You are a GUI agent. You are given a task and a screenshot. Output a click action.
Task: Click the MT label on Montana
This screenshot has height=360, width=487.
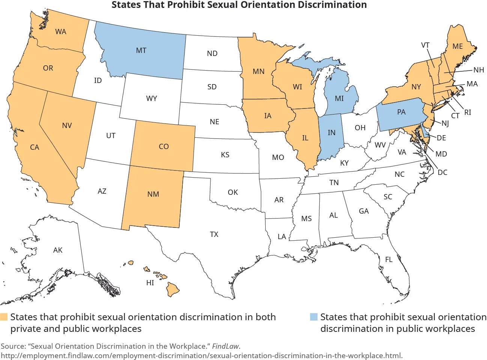(141, 50)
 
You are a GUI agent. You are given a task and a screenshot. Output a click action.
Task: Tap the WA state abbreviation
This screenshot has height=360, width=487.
(60, 32)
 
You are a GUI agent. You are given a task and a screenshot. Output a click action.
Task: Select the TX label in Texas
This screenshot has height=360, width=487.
(214, 234)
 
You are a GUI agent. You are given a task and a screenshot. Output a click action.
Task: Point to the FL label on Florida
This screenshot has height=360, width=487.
(389, 259)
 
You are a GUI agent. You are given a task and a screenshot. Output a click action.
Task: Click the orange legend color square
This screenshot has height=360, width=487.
(4, 317)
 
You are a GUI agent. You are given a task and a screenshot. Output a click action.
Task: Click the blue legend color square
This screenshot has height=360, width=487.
(314, 317)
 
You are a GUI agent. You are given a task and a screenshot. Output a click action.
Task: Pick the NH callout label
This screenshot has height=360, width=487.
(478, 70)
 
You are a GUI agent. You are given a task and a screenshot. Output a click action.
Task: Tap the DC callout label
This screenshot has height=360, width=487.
(442, 172)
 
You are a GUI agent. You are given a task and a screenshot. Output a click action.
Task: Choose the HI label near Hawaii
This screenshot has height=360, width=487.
(150, 283)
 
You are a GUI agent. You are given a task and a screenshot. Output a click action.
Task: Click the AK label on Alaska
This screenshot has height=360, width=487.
(58, 250)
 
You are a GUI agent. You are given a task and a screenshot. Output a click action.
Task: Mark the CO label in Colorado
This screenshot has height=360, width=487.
(164, 146)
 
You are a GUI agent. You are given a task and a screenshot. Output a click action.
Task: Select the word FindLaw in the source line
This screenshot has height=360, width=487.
(225, 346)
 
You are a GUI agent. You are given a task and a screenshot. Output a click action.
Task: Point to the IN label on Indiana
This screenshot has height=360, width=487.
(331, 133)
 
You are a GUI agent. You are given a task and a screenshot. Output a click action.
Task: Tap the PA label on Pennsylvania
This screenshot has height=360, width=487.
(401, 112)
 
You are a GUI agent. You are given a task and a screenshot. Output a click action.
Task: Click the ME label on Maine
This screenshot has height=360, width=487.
(457, 46)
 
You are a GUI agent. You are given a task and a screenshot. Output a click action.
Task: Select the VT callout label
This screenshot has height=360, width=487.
(425, 45)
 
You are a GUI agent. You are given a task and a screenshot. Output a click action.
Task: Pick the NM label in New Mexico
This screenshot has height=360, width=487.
(153, 194)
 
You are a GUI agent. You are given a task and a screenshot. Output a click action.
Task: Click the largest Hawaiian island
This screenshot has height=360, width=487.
(173, 289)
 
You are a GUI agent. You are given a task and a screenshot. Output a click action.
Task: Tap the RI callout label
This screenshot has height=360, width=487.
(467, 112)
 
